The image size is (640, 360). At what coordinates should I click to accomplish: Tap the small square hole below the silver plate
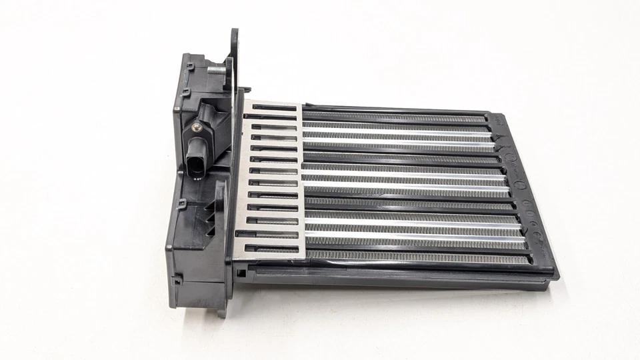pyautogui.click(x=239, y=273)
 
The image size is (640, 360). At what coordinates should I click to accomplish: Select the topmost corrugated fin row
pyautogui.click(x=393, y=115)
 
